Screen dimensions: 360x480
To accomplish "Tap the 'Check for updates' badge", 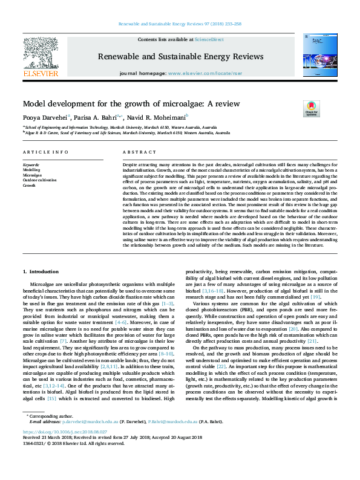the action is click(311, 108).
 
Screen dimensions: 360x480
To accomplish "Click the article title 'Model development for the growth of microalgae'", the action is click(131, 103).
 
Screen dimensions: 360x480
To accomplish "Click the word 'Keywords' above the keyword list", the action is click(31, 164).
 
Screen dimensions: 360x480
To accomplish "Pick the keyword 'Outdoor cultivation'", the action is click(39, 180).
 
